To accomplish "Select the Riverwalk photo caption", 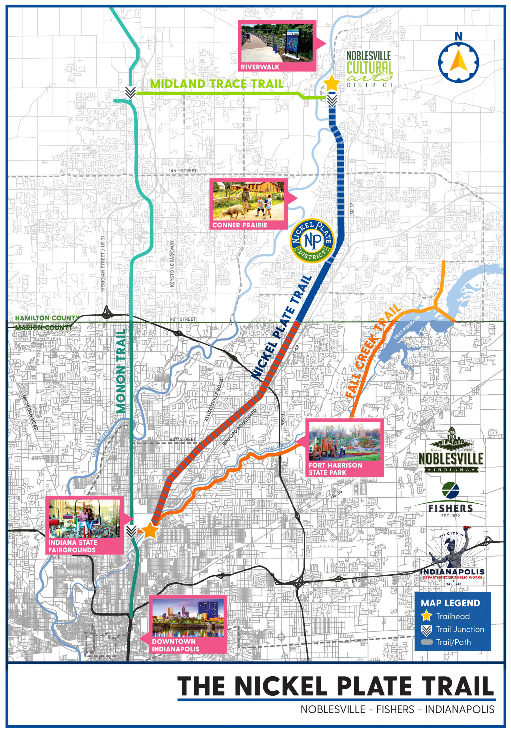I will pyautogui.click(x=260, y=67).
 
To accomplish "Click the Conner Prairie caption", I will pyautogui.click(x=240, y=225).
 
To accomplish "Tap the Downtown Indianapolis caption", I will pyautogui.click(x=175, y=645).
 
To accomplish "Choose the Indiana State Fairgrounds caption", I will pyautogui.click(x=72, y=546).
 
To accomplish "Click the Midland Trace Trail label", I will pyautogui.click(x=217, y=84).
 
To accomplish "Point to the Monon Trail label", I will pyautogui.click(x=121, y=371).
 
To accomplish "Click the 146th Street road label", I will pyautogui.click(x=183, y=171).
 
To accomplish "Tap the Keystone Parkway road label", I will pyautogui.click(x=172, y=264).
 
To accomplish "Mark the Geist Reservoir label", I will pyautogui.click(x=407, y=327).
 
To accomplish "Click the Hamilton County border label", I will pyautogui.click(x=47, y=318).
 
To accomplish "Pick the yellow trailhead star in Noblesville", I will pyautogui.click(x=331, y=83).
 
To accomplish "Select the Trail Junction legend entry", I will pyautogui.click(x=452, y=629).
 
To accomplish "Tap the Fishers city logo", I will pyautogui.click(x=450, y=500).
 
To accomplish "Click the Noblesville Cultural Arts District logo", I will pyautogui.click(x=369, y=69).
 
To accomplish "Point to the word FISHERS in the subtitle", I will pyautogui.click(x=395, y=709).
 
